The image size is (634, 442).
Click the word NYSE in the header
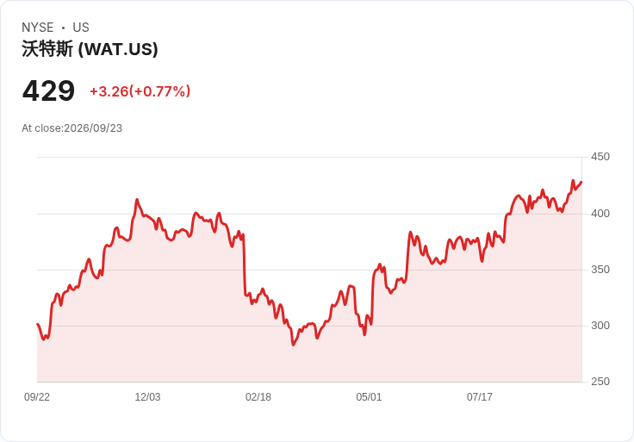pyautogui.click(x=38, y=28)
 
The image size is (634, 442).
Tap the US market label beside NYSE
pyautogui.click(x=81, y=28)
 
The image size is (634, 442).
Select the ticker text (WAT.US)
pyautogui.click(x=118, y=49)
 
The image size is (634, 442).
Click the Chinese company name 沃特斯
pyautogui.click(x=47, y=49)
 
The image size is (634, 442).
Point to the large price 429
pyautogui.click(x=48, y=91)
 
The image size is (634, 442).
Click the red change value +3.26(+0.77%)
pyautogui.click(x=140, y=91)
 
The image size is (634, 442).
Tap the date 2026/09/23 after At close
pyautogui.click(x=93, y=128)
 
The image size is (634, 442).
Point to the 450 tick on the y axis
pyautogui.click(x=600, y=157)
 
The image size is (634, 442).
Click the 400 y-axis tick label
pyautogui.click(x=600, y=213)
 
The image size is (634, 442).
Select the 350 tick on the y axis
pyautogui.click(x=600, y=270)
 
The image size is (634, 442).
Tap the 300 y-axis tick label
pyautogui.click(x=600, y=326)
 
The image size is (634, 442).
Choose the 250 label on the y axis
pyautogui.click(x=600, y=382)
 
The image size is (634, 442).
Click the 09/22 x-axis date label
pyautogui.click(x=37, y=397)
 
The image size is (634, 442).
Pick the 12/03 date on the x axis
pyautogui.click(x=147, y=397)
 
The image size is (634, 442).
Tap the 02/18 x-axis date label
pyautogui.click(x=258, y=397)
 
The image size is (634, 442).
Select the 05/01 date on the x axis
pyautogui.click(x=369, y=397)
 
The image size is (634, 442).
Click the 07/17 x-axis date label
pyautogui.click(x=480, y=397)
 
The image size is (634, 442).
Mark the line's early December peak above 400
pyautogui.click(x=137, y=199)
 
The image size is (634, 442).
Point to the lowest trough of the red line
pyautogui.click(x=293, y=345)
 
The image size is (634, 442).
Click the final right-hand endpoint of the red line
pyautogui.click(x=581, y=183)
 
